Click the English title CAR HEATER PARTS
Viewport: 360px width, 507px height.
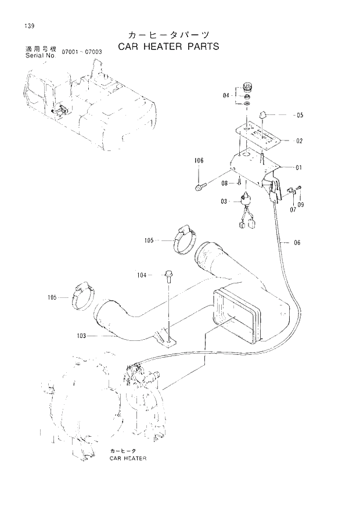[x=168, y=46]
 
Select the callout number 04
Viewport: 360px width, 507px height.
[x=226, y=95]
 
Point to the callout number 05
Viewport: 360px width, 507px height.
[x=300, y=115]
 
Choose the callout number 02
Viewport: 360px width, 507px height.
[x=299, y=141]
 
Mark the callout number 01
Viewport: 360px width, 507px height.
[x=298, y=168]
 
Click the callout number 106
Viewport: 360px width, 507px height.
[x=199, y=160]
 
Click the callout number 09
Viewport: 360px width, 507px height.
[x=301, y=205]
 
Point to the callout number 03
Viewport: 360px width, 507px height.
[x=225, y=201]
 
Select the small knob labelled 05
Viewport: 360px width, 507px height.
[x=262, y=114]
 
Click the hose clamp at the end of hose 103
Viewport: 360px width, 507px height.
[x=82, y=297]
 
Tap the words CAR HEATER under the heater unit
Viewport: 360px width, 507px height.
[x=127, y=458]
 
